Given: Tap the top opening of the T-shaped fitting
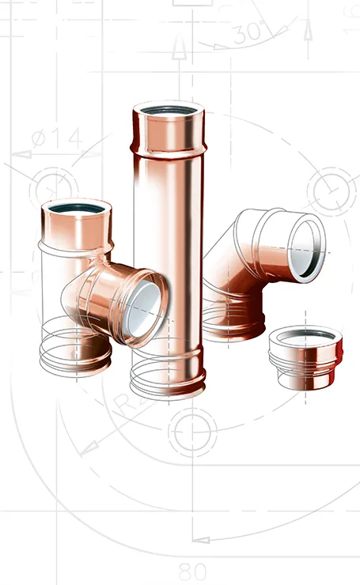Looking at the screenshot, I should pos(76,210).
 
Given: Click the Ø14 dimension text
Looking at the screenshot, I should pos(56,138).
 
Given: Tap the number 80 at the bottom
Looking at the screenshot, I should pos(193,569).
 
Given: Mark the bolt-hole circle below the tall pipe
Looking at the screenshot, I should pos(191,433).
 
